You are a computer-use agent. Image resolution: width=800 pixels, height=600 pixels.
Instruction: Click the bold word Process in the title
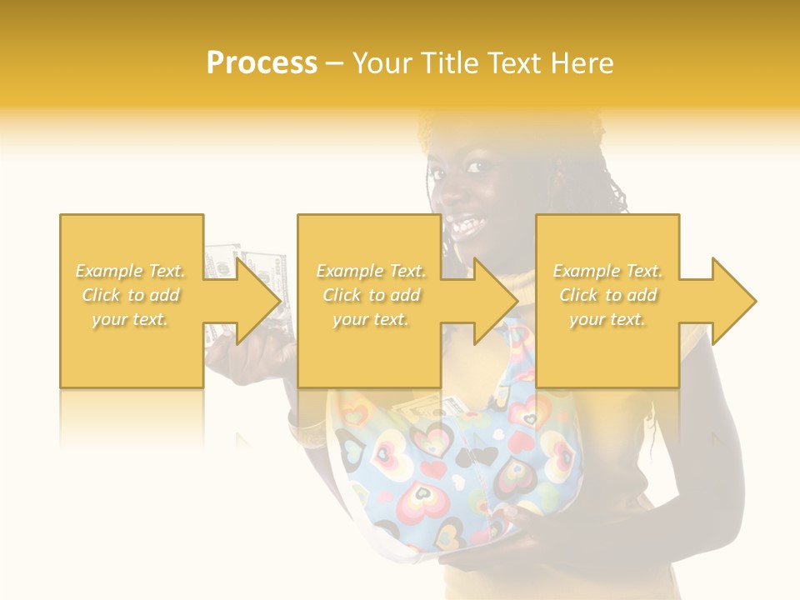262,63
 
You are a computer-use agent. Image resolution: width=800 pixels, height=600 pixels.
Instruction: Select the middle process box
369,350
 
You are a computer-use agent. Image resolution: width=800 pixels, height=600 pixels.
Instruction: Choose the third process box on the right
607,350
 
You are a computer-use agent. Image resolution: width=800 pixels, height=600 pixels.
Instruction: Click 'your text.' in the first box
130,318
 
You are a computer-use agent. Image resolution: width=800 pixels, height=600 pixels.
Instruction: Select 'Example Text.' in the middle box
371,271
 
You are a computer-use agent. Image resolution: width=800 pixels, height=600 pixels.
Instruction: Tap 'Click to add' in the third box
607,295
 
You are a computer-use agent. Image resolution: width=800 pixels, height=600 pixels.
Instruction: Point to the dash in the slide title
335,63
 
